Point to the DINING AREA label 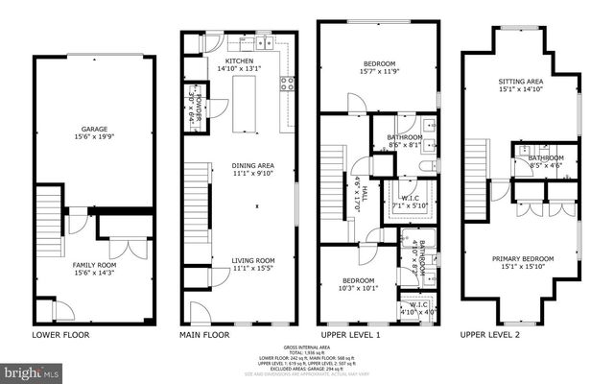point(252,165)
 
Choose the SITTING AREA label point(521,82)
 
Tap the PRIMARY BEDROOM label point(521,258)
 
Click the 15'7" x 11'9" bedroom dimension point(378,73)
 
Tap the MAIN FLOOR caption point(206,335)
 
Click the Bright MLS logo point(32,371)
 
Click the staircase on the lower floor point(48,216)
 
